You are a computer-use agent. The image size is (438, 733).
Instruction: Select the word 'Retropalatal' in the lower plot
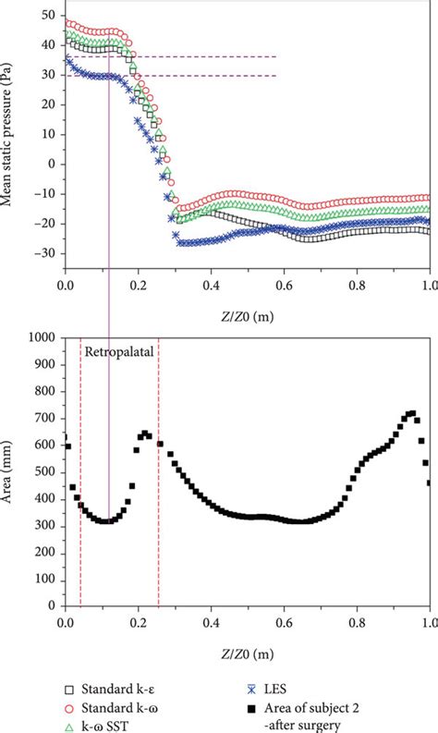click(119, 352)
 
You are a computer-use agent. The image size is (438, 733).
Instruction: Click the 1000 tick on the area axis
click(43, 338)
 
